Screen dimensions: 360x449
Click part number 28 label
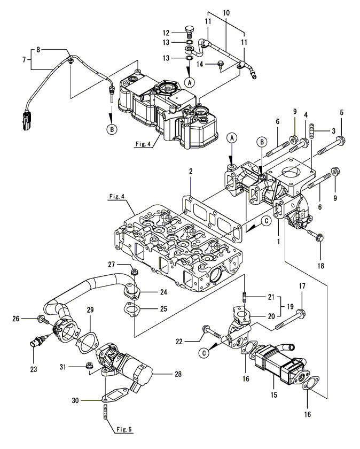178,374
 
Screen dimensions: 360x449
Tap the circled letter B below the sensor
112,129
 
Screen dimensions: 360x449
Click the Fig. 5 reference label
124,430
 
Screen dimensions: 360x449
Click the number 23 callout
34,369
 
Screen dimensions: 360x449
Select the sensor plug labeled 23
38,339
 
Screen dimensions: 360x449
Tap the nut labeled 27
134,272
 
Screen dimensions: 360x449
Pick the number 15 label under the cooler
274,395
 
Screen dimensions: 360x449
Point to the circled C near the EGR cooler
204,353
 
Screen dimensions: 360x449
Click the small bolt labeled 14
221,65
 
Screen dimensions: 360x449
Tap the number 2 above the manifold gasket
191,172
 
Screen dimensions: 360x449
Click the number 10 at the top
226,13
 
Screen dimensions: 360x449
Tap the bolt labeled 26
42,319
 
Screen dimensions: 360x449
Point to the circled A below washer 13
189,83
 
